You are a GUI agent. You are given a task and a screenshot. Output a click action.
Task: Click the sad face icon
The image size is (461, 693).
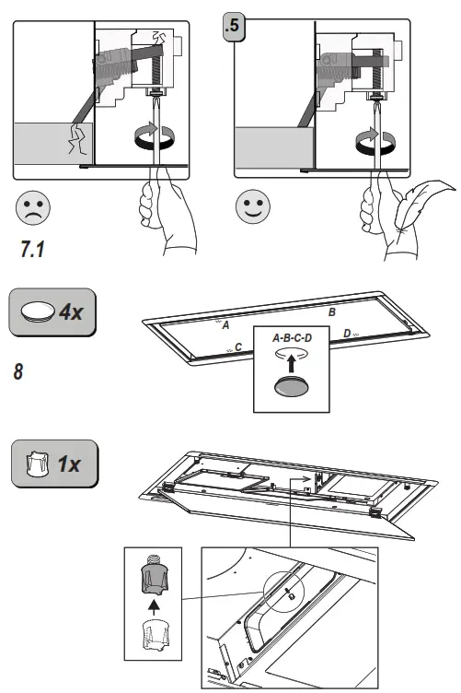[34, 208]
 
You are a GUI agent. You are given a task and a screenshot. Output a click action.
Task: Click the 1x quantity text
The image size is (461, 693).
[69, 463]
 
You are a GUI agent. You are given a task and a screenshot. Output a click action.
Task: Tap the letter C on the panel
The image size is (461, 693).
[238, 347]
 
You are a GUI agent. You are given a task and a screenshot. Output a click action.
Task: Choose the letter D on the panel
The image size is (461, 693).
[346, 333]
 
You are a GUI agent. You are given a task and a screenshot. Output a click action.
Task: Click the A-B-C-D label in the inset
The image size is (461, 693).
[293, 338]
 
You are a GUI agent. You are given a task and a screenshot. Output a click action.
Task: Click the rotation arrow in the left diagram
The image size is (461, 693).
[154, 138]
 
